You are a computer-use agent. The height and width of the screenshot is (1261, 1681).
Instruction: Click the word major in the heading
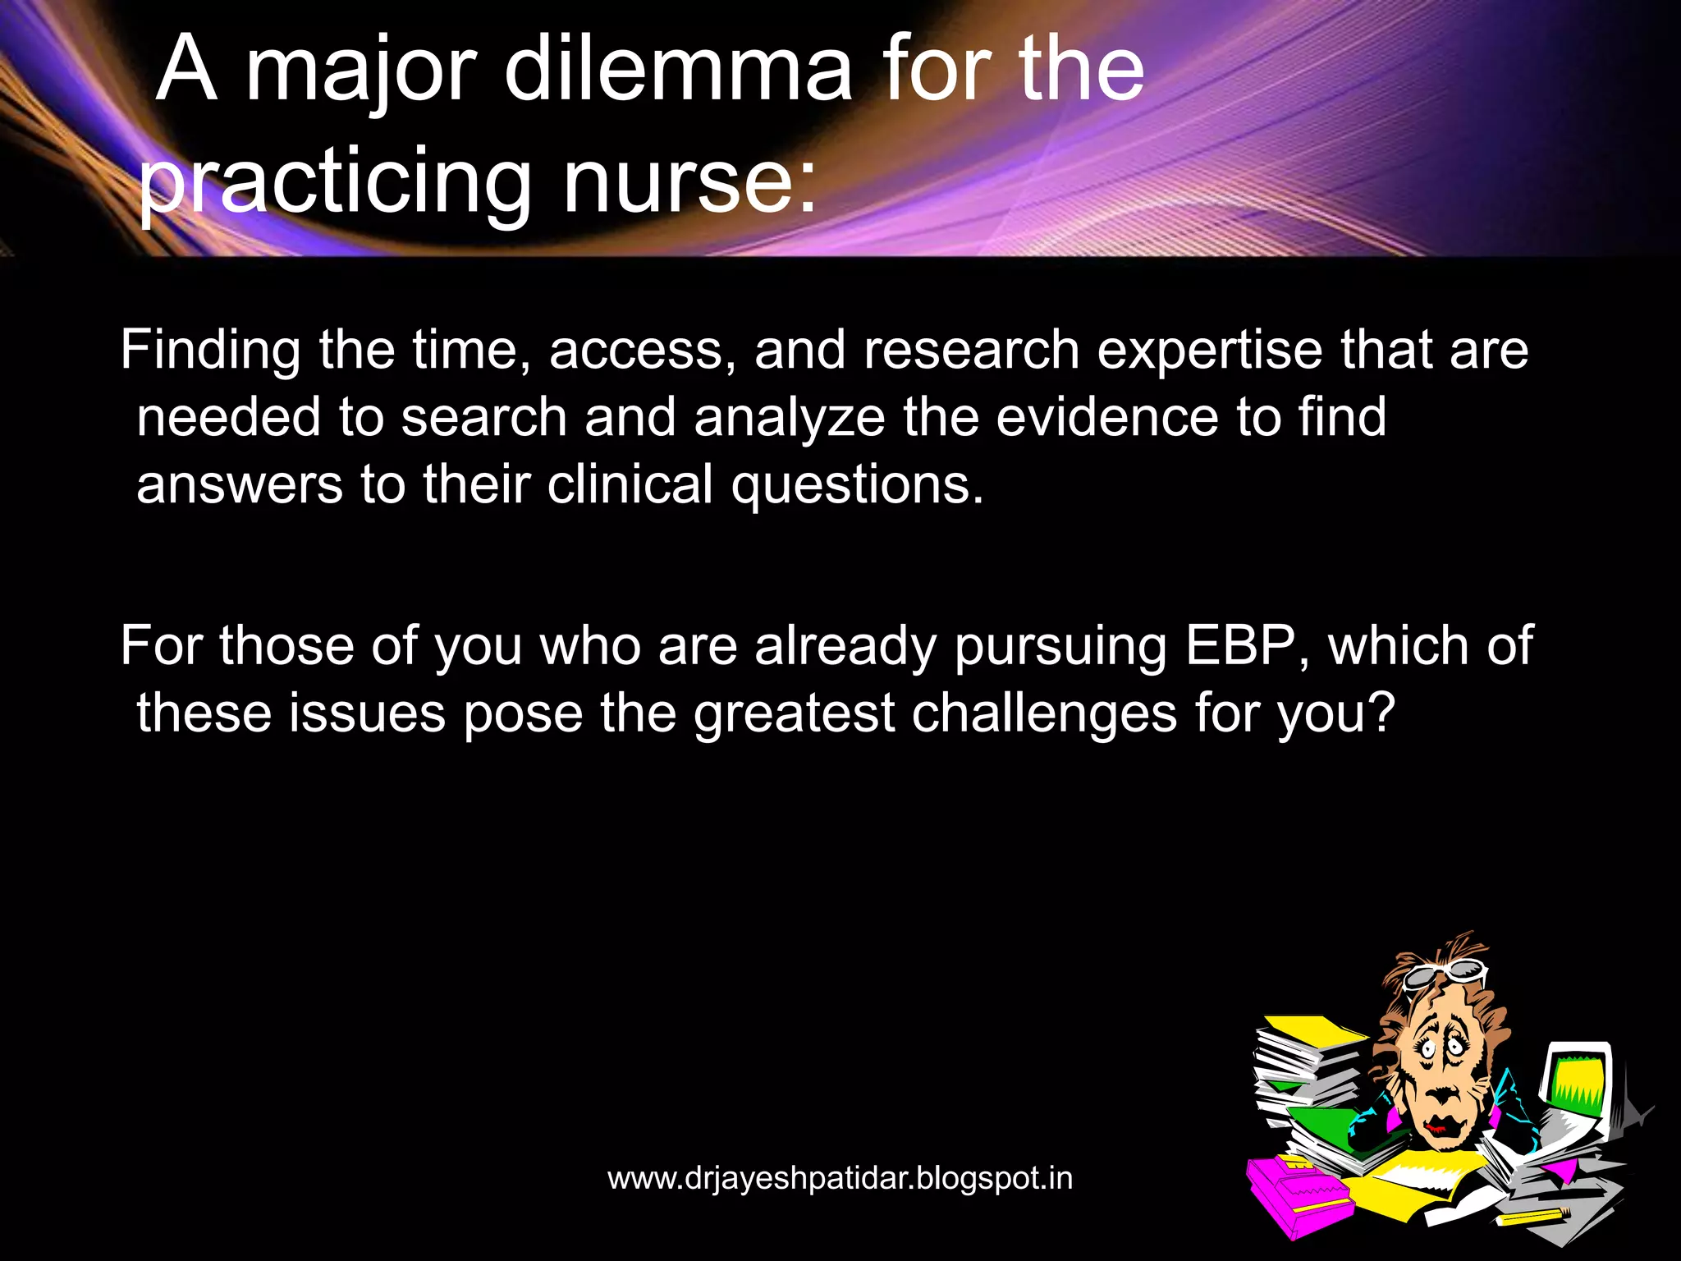361,72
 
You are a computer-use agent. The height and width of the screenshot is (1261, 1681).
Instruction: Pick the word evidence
1103,418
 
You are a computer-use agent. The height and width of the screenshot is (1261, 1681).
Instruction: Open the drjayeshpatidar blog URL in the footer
840,1178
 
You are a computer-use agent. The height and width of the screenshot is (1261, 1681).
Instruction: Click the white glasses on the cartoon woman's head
1445,974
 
